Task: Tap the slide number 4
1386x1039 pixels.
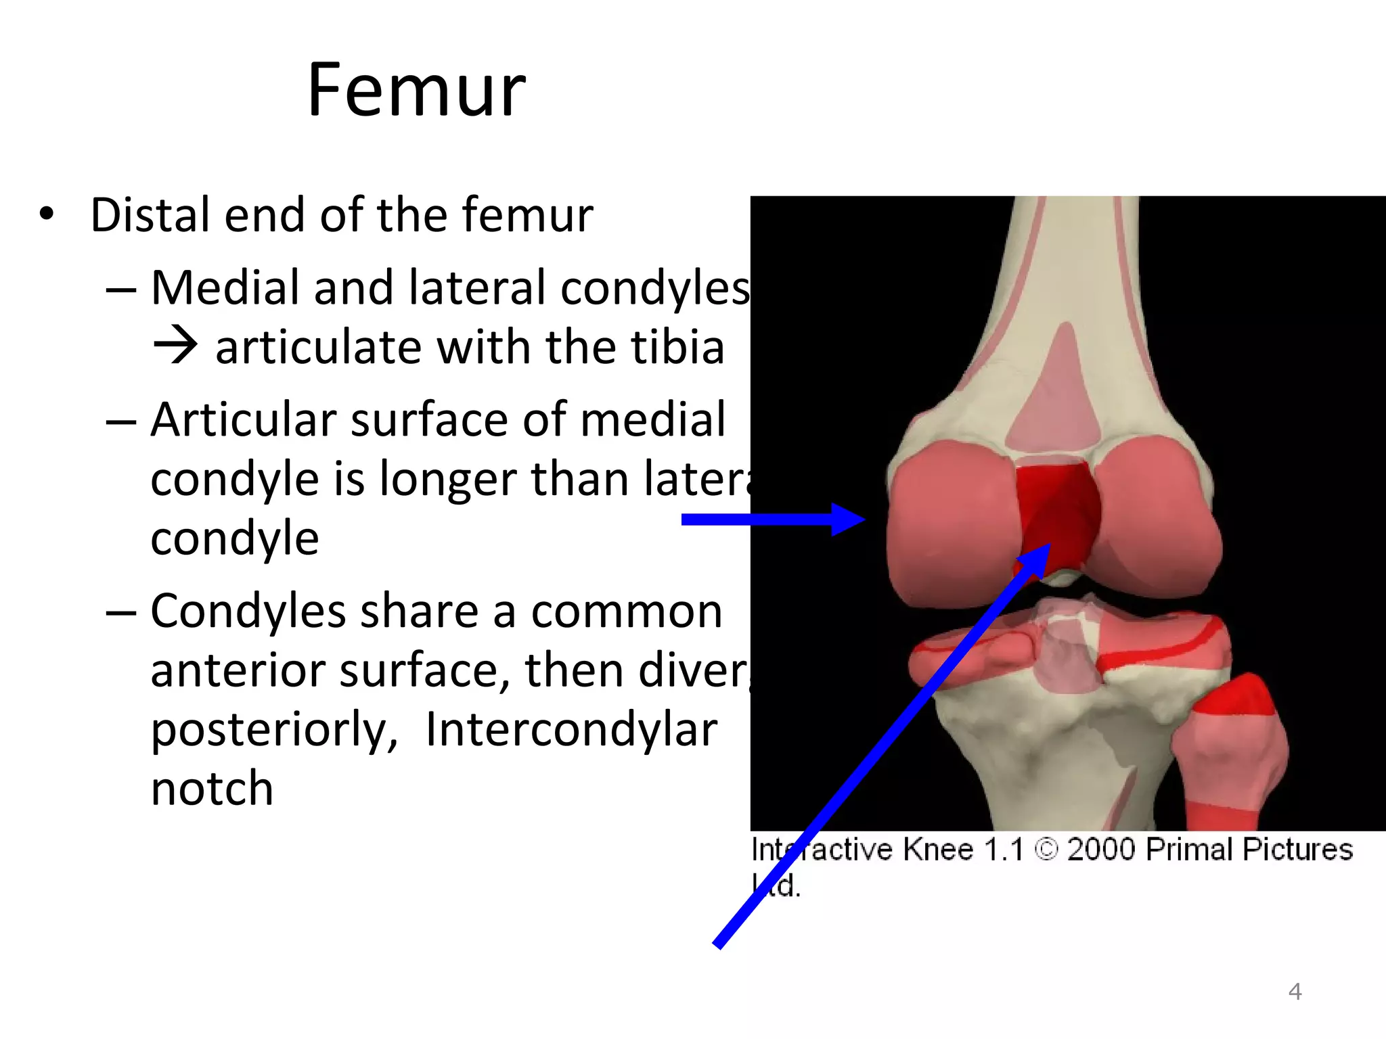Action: (x=1295, y=992)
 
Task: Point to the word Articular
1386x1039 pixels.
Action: (x=243, y=420)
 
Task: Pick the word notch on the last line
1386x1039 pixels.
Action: (x=212, y=789)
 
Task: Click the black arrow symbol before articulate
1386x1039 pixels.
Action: (x=175, y=346)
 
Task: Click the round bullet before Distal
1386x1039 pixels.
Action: (x=46, y=214)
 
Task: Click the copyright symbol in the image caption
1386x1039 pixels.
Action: (x=1046, y=850)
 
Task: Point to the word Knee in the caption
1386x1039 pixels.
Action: (x=938, y=850)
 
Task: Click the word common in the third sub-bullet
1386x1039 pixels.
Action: (x=627, y=611)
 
